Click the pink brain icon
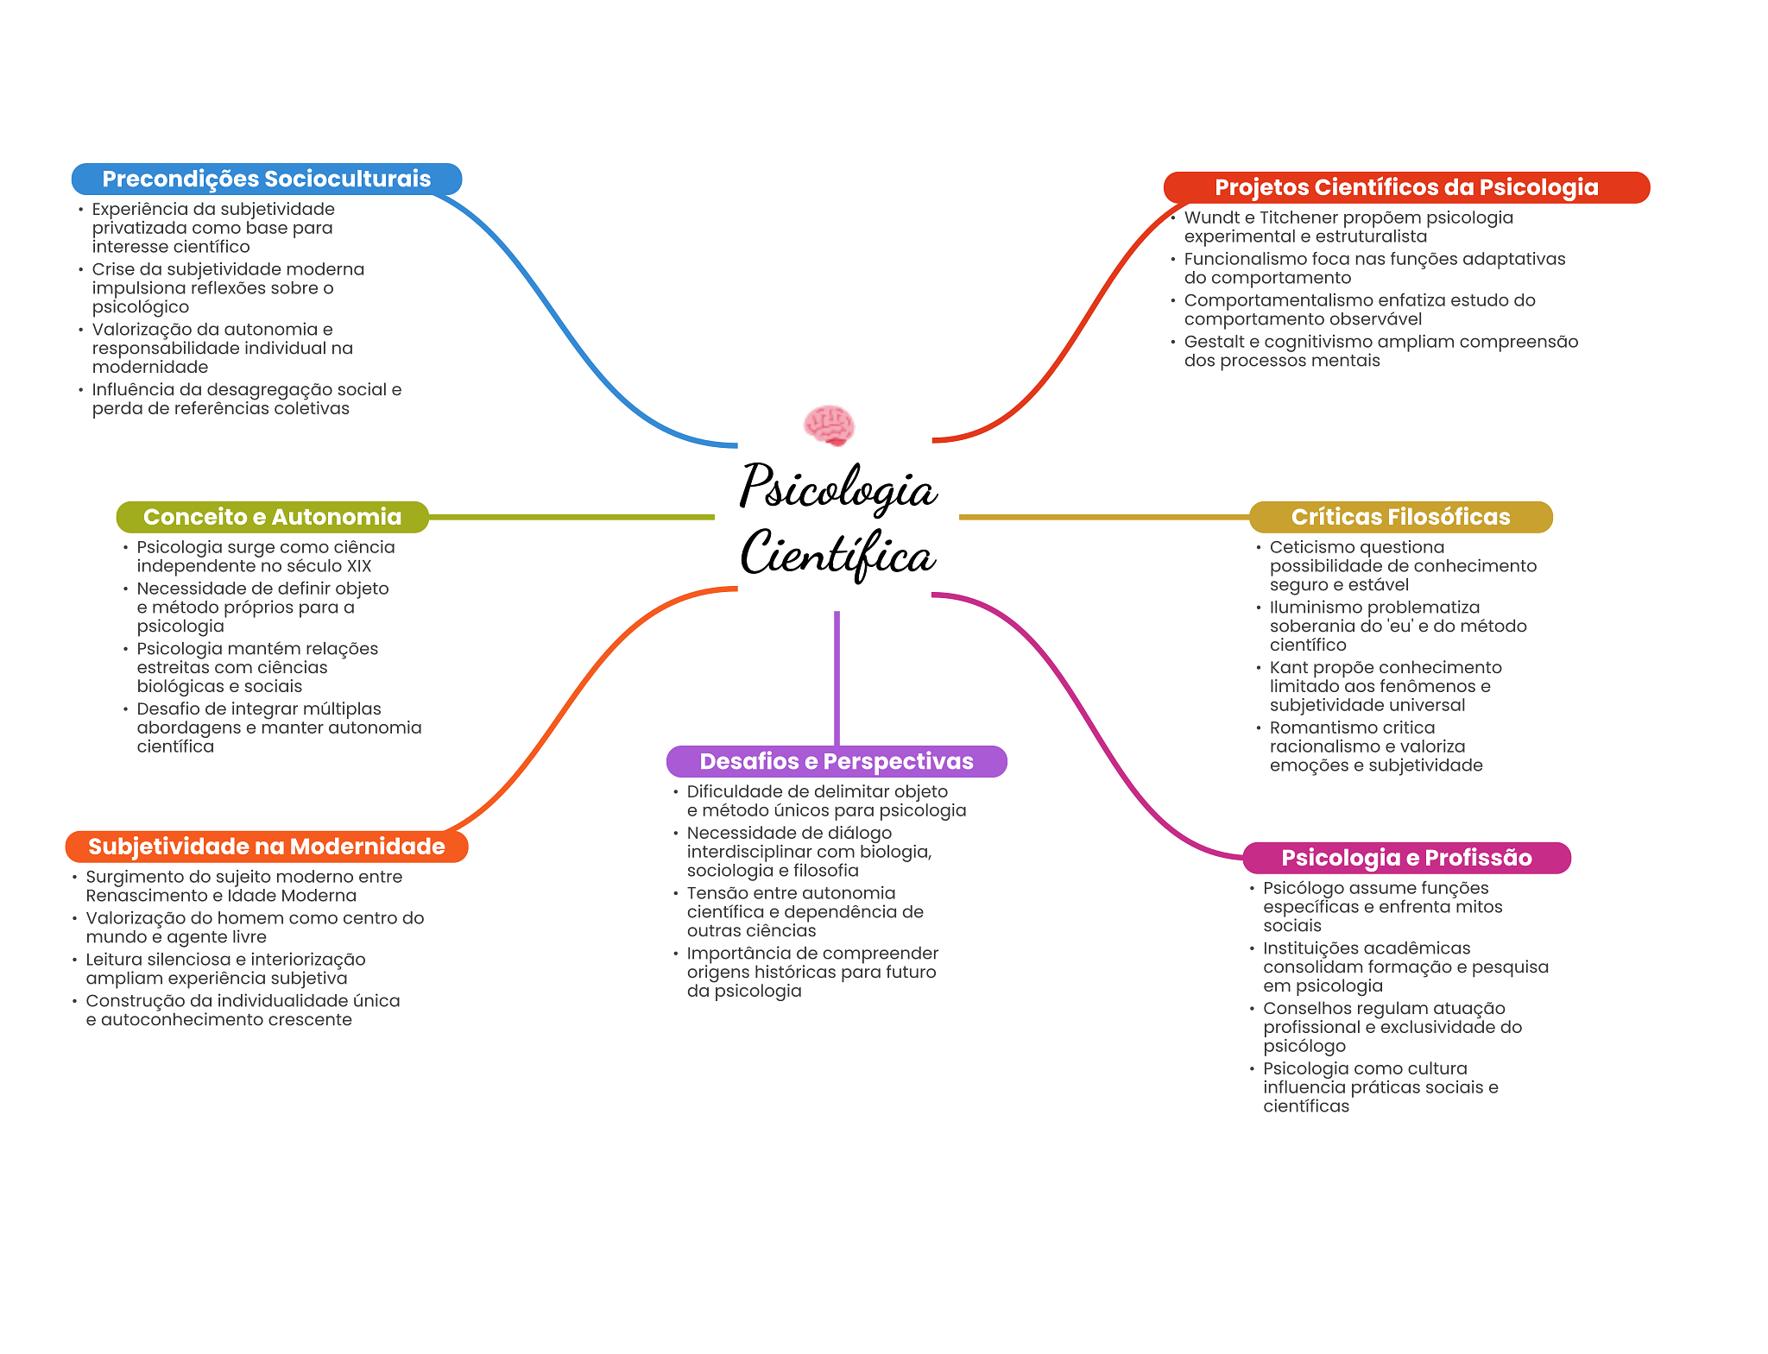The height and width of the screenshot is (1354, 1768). click(x=829, y=425)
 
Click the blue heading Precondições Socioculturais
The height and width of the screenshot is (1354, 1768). click(x=266, y=179)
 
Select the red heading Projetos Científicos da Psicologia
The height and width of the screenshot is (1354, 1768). click(x=1405, y=187)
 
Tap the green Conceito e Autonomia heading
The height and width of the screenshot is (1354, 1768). click(x=272, y=517)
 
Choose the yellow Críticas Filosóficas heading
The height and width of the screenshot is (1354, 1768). click(x=1400, y=517)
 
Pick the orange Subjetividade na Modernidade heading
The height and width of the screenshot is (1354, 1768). click(x=266, y=847)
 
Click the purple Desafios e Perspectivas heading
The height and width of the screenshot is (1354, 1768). click(x=836, y=761)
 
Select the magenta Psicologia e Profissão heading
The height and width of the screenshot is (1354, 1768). click(x=1405, y=858)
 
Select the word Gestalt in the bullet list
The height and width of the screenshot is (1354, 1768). click(x=1214, y=342)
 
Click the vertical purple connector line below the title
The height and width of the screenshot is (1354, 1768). click(x=837, y=677)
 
